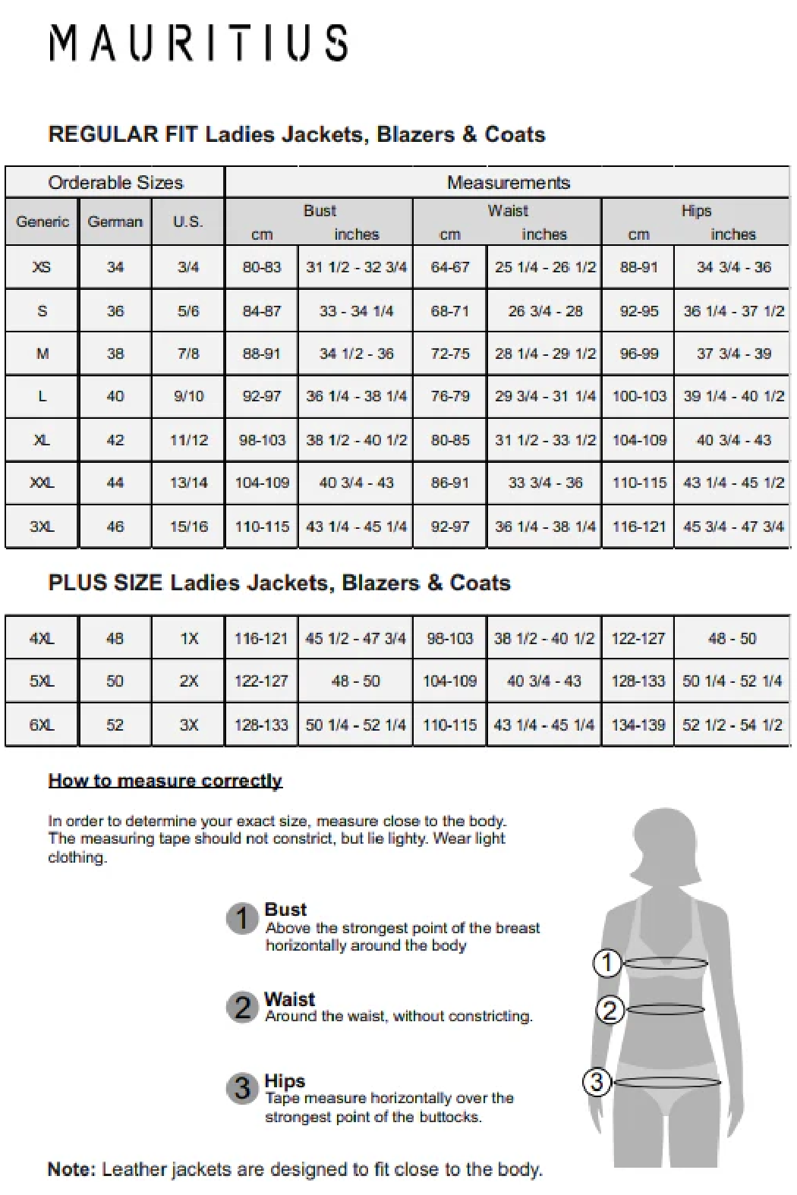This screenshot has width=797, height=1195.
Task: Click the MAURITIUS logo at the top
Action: [x=199, y=42]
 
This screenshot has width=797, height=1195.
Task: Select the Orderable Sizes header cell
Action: [x=115, y=183]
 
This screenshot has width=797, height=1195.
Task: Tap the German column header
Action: [x=115, y=222]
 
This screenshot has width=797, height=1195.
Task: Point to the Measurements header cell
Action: [x=508, y=183]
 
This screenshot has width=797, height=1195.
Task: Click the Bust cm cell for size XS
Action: [x=261, y=267]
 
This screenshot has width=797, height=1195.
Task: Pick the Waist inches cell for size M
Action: [x=544, y=354]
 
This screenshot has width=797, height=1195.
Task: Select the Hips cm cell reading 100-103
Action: [x=638, y=396]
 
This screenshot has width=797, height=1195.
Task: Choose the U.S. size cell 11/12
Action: [x=188, y=440]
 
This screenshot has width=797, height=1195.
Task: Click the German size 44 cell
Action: [x=115, y=483]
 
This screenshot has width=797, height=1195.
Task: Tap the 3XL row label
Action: [x=42, y=527]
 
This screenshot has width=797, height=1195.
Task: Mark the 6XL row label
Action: [x=42, y=725]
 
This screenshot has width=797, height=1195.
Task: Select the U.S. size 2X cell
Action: [x=188, y=681]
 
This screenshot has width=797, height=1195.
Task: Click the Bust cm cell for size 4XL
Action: [x=261, y=639]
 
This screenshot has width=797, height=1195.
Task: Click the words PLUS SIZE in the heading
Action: [x=105, y=583]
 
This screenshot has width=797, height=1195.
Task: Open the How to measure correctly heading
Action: [x=165, y=781]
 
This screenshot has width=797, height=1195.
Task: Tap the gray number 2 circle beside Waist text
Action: [x=243, y=1007]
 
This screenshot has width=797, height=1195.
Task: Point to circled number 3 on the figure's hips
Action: [x=597, y=1081]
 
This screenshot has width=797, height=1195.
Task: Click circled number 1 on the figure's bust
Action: [x=606, y=963]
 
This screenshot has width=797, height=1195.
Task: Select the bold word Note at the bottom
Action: [x=71, y=1169]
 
